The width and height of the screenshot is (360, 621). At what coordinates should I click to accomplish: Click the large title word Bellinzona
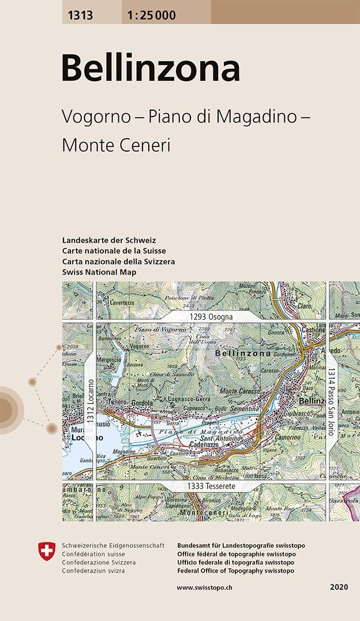[x=151, y=69]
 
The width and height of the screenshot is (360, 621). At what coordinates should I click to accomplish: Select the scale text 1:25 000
[x=149, y=15]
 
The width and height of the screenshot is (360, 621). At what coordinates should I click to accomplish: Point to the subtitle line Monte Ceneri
[x=116, y=145]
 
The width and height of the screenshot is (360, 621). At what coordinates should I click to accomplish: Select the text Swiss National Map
[x=99, y=272]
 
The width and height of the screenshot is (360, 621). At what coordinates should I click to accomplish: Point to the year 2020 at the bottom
[x=339, y=588]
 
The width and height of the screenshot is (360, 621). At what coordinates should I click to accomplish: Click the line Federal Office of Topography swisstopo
[x=236, y=571]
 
